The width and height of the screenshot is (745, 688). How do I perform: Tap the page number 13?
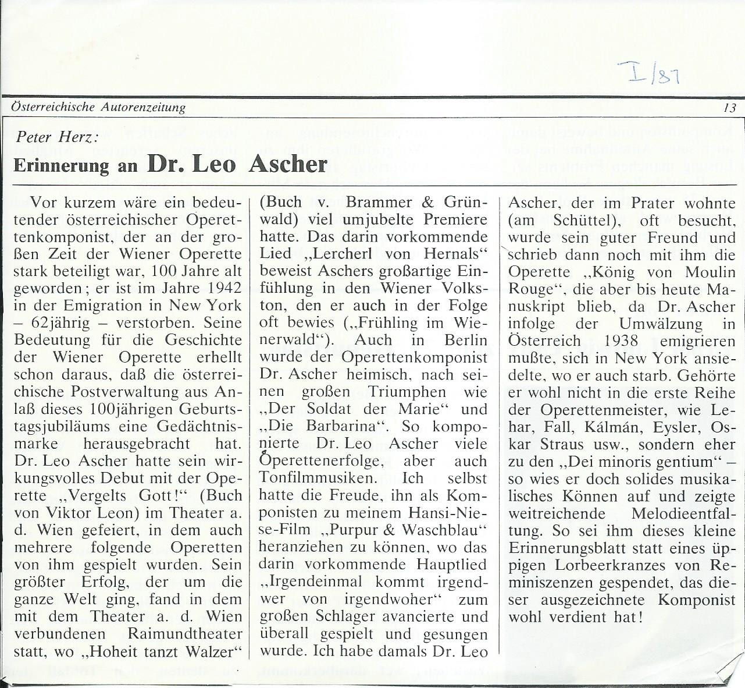[x=730, y=108]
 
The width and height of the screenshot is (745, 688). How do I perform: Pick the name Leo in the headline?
[x=213, y=164]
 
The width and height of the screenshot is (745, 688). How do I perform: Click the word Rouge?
[x=532, y=289]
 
